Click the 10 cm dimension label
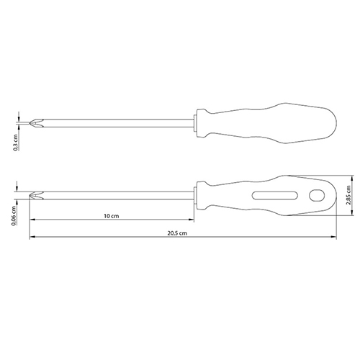[x=112, y=216]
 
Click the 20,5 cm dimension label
[x=177, y=233]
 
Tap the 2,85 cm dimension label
[x=348, y=194]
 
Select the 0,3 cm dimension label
[x=16, y=143]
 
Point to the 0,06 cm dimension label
[x=14, y=216]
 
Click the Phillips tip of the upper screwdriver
[x=36, y=123]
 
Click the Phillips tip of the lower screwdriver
[x=36, y=195]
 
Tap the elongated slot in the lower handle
[x=275, y=195]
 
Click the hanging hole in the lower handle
[x=317, y=195]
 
